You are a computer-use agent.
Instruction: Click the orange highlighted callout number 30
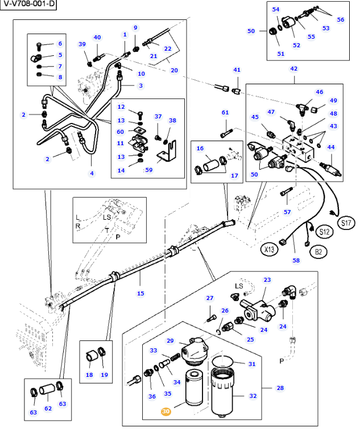pos(166,412)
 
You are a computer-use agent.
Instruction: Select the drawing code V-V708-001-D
pos(28,5)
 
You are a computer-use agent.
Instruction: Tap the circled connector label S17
pos(346,223)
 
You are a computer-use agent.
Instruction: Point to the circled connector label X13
pos(269,249)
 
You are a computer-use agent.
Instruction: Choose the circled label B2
pos(318,252)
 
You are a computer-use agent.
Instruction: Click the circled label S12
pos(324,232)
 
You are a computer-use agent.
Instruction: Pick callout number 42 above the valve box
pos(294,69)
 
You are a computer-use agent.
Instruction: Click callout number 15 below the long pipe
pos(140,293)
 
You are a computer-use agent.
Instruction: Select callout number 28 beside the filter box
pos(280,388)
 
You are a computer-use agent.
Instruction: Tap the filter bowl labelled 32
pos(221,392)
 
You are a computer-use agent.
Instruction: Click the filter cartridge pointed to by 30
pos(194,387)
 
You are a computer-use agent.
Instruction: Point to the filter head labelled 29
pos(195,351)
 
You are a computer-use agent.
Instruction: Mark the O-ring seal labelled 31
pos(223,361)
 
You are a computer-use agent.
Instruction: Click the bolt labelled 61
pos(226,133)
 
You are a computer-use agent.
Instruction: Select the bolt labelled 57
pos(286,191)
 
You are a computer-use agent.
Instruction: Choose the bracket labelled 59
pos(167,151)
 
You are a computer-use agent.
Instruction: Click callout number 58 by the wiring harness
pos(296,261)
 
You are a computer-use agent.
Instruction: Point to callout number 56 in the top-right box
pos(341,20)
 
